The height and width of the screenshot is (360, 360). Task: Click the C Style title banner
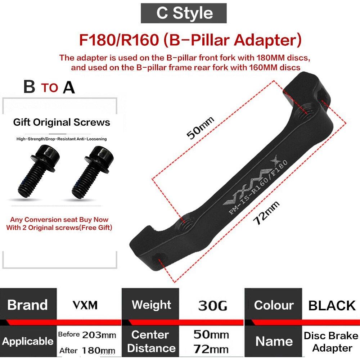184,13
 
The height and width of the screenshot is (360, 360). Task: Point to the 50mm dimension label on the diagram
200,128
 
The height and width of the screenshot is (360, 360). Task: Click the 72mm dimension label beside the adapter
266,212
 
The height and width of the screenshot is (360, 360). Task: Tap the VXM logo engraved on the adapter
250,181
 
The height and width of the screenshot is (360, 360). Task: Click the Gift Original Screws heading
62,122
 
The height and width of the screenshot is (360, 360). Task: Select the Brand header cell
28,305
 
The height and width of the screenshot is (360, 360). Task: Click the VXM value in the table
85,305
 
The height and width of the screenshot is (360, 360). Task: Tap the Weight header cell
151,305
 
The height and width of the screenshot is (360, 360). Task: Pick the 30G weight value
212,306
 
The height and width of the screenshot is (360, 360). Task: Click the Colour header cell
273,305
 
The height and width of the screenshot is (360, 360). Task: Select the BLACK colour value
332,306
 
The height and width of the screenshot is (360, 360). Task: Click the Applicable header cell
28,341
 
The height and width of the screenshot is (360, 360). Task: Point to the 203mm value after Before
99,335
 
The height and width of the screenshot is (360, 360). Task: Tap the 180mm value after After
98,350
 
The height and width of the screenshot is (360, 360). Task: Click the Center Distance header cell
151,341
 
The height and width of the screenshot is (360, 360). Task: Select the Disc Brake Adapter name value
331,342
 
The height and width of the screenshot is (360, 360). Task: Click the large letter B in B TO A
29,86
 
